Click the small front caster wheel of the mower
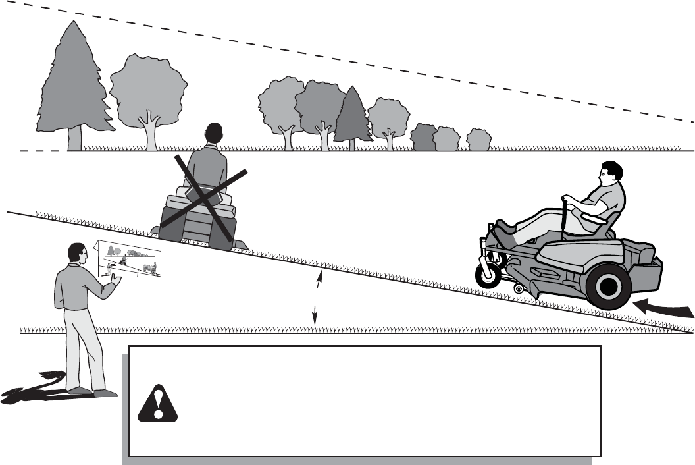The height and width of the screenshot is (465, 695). (x=488, y=275)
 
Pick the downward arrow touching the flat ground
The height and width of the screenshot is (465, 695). (x=315, y=316)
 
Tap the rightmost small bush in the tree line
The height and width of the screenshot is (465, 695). (x=478, y=140)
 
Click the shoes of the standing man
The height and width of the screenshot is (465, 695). (x=89, y=391)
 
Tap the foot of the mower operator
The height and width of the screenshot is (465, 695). (x=502, y=231)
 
